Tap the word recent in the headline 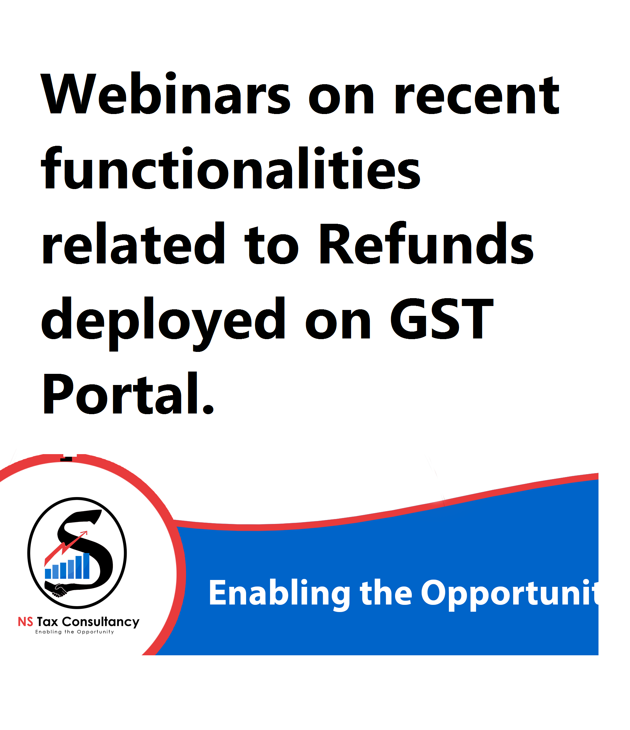477,96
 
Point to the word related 133,243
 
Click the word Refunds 427,243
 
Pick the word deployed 163,323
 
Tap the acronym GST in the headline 441,318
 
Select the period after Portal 208,409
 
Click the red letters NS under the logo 25,622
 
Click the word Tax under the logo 47,622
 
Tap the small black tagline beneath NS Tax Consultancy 74,632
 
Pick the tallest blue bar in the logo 86,566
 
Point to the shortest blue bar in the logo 48,574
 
